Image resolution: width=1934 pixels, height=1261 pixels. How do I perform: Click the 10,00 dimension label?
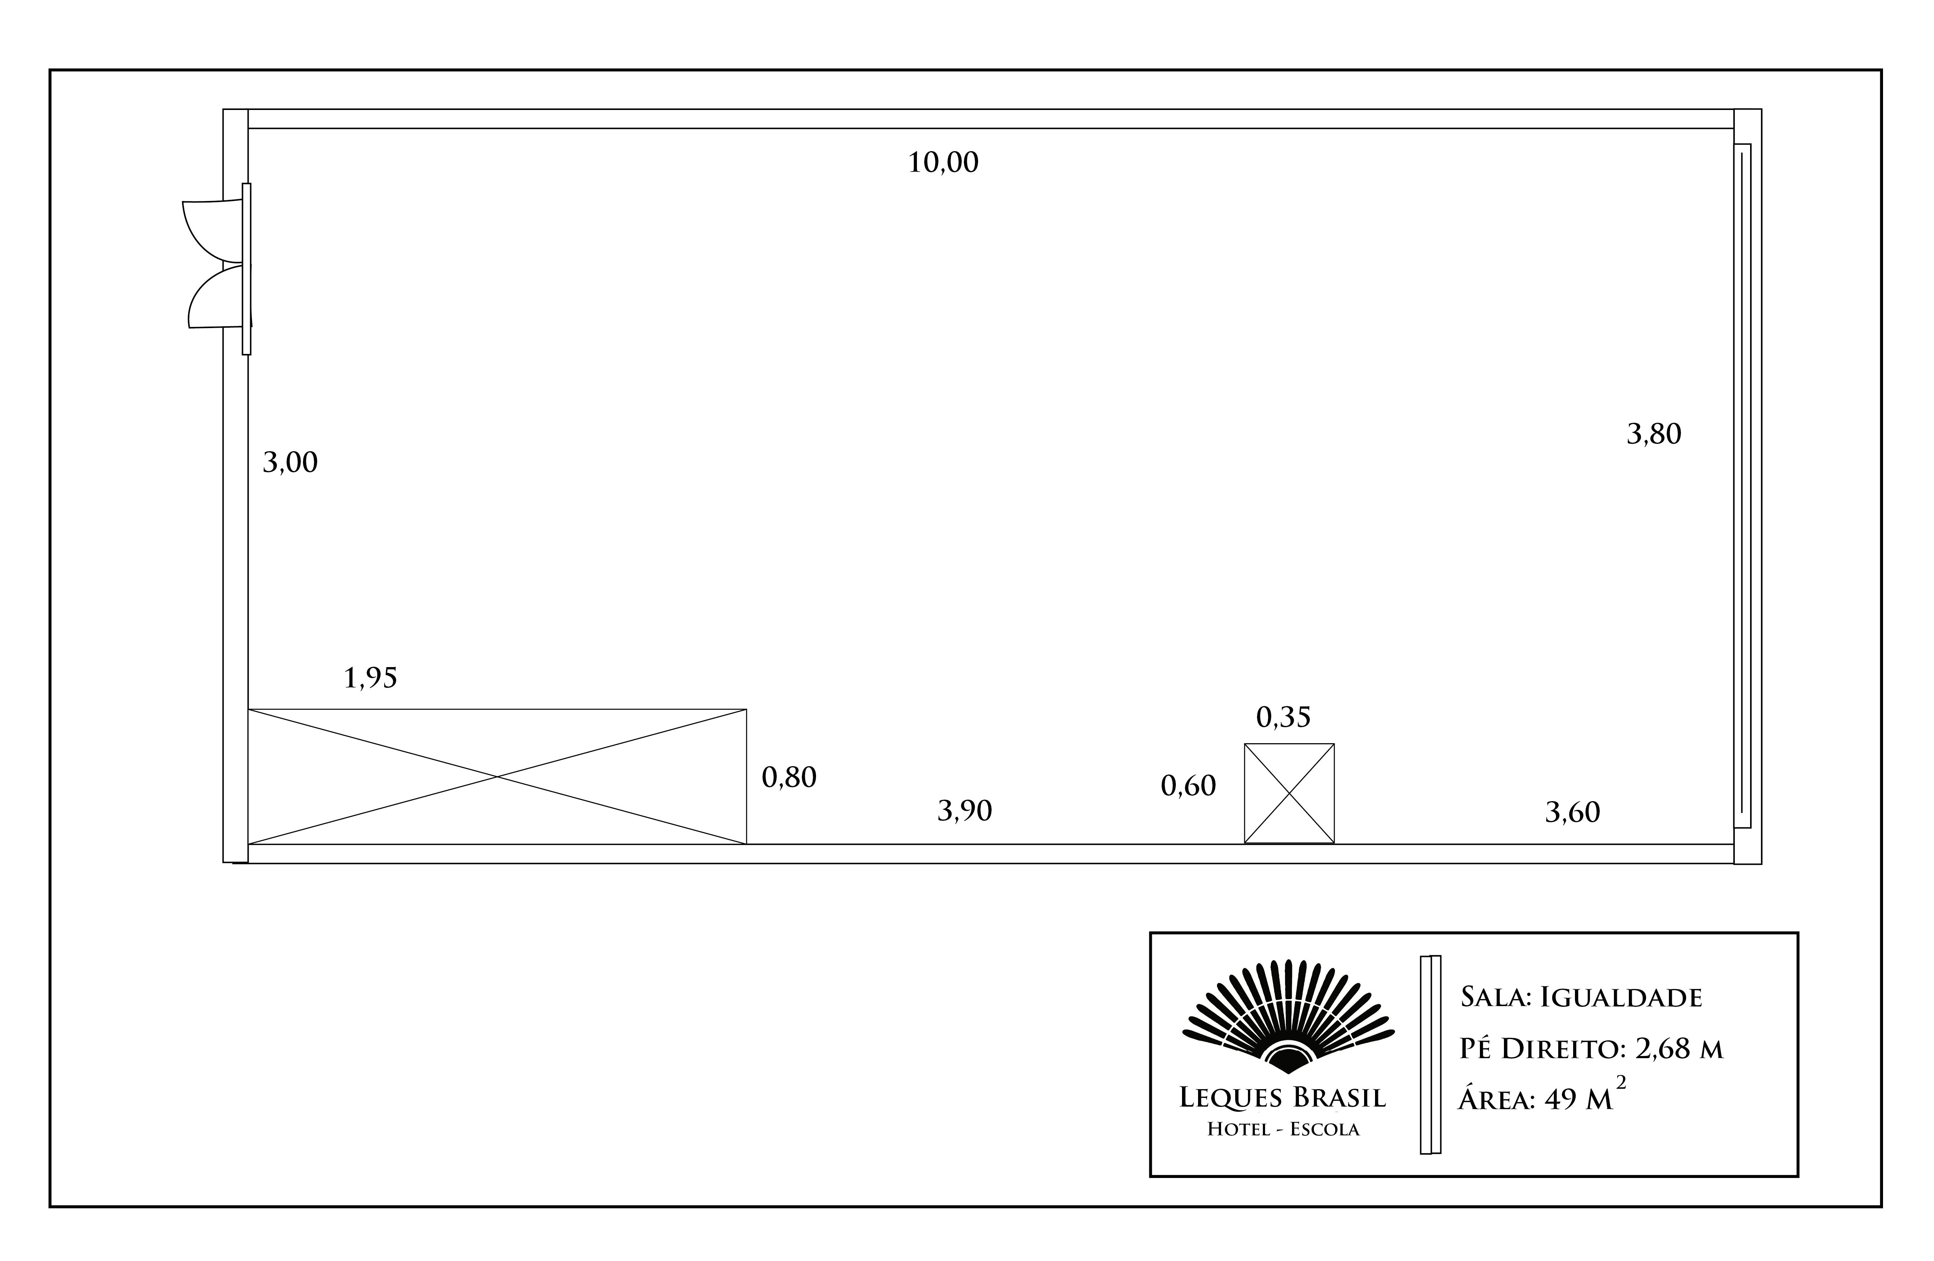coord(943,162)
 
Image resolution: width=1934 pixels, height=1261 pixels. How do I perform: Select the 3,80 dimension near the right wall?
coord(1654,434)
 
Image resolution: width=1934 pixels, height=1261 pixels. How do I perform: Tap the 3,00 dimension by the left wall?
coord(290,462)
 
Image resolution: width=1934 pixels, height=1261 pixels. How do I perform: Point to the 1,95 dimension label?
coord(371,678)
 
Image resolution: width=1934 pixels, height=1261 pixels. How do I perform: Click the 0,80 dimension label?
coord(789,777)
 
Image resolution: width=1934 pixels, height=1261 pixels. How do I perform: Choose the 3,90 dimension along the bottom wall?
coord(965,811)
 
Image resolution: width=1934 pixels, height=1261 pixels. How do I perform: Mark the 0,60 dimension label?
coord(1188,786)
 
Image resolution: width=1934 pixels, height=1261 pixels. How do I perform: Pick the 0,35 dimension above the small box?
coord(1283,717)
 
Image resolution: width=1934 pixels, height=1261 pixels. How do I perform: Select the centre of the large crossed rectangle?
coord(497,777)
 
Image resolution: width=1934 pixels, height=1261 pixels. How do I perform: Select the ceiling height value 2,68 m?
coord(1679,1049)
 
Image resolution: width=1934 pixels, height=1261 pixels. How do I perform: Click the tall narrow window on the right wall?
coord(1742,486)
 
